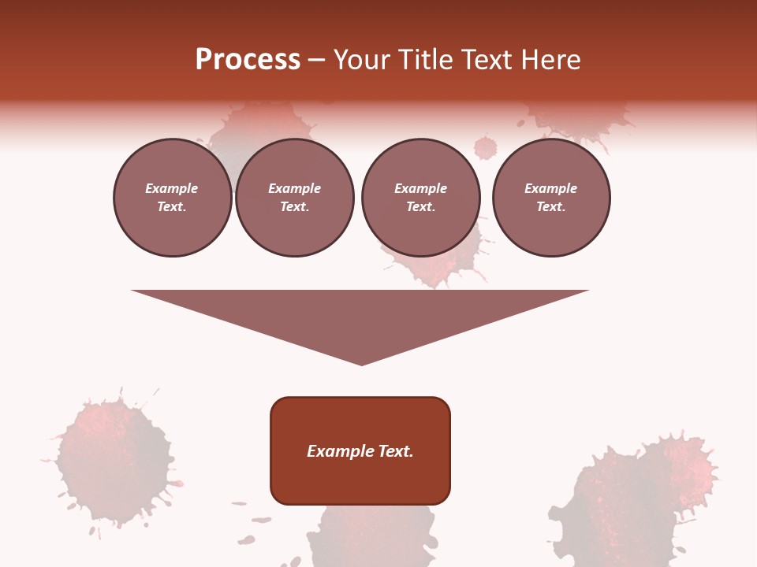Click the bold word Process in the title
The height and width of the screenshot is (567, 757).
click(248, 60)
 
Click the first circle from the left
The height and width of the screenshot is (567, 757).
click(172, 198)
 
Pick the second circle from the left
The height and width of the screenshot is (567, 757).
click(294, 198)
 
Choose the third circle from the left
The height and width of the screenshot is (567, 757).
click(420, 198)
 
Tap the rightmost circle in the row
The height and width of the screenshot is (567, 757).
click(550, 198)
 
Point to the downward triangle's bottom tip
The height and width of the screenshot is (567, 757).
click(361, 364)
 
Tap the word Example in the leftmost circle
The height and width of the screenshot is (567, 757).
click(172, 189)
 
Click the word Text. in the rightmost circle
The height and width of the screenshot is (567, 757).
click(550, 207)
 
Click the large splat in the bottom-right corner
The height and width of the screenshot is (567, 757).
click(639, 496)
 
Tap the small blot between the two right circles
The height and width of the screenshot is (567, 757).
click(486, 147)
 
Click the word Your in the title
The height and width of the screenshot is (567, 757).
click(360, 60)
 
